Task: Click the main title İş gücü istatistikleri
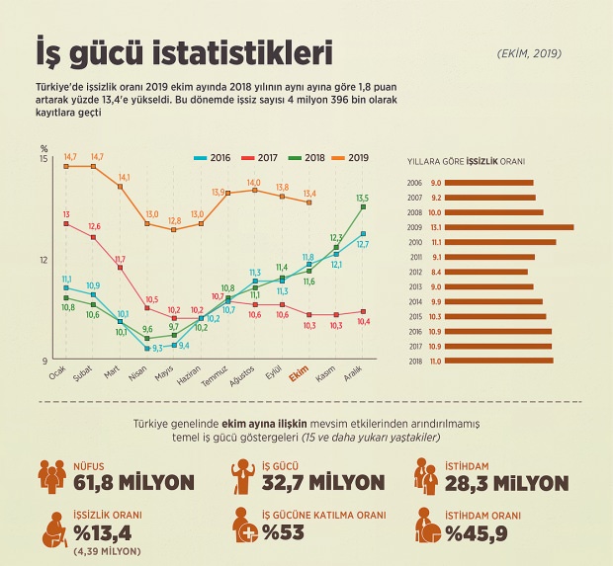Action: pyautogui.click(x=184, y=50)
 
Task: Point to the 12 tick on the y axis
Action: pyautogui.click(x=43, y=260)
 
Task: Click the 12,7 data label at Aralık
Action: pyautogui.click(x=363, y=244)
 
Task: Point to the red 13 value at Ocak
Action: pyautogui.click(x=65, y=214)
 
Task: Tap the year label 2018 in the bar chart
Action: pyautogui.click(x=416, y=362)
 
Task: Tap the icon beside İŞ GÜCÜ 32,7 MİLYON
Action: pyautogui.click(x=240, y=477)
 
